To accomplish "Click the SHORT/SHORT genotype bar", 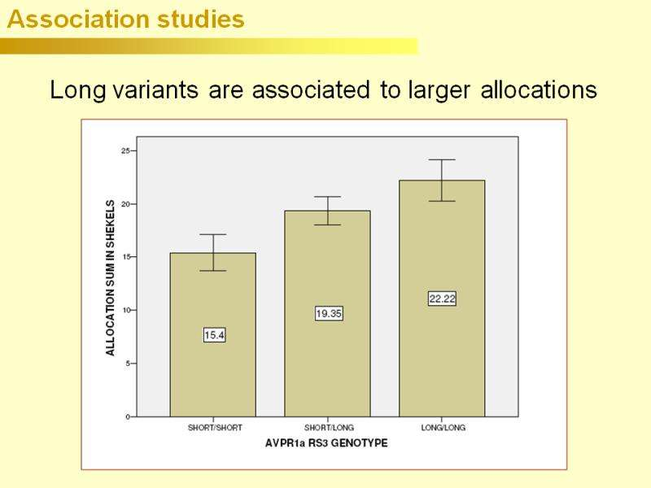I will coord(213,374).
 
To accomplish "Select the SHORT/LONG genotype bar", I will coord(327,366).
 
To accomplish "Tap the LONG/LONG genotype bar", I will coord(442,358).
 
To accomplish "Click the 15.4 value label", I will coord(214,335).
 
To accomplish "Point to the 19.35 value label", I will coord(328,313).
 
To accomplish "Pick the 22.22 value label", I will coord(442,298).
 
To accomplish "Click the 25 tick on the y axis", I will coord(126,150).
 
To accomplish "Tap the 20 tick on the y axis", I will coord(126,204).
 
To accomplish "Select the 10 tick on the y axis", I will coord(126,310).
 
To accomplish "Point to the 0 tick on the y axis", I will coord(128,416).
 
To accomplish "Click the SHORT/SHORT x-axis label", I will coord(215,428).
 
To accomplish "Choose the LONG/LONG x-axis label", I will coord(443,428).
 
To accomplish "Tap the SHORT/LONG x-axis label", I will coord(329,428).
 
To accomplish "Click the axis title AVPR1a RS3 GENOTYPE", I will coord(326,443).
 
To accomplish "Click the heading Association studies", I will coord(125,20).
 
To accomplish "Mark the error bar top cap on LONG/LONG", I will coord(442,160).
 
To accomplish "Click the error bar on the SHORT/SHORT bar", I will coord(213,252).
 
